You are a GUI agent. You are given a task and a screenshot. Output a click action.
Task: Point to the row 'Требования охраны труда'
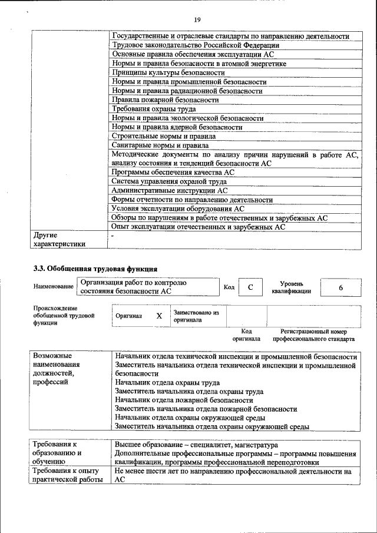pyautogui.click(x=154, y=109)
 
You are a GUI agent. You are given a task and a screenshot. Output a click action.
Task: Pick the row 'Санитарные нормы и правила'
pyautogui.click(x=160, y=145)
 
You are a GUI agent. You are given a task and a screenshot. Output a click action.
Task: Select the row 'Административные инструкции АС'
pyautogui.click(x=169, y=191)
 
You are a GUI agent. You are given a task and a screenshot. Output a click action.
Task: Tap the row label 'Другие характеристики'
pyautogui.click(x=59, y=239)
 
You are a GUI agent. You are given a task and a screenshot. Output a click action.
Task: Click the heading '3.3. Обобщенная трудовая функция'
pyautogui.click(x=95, y=269)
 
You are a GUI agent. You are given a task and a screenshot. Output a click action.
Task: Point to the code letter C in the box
pyautogui.click(x=250, y=287)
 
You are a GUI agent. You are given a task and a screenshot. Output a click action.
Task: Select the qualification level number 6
pyautogui.click(x=340, y=287)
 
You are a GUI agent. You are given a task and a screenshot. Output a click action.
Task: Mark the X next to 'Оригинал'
pyautogui.click(x=159, y=316)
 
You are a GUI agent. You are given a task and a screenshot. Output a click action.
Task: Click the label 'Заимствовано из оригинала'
pyautogui.click(x=196, y=316)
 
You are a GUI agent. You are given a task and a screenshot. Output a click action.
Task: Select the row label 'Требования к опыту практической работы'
pyautogui.click(x=68, y=476)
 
